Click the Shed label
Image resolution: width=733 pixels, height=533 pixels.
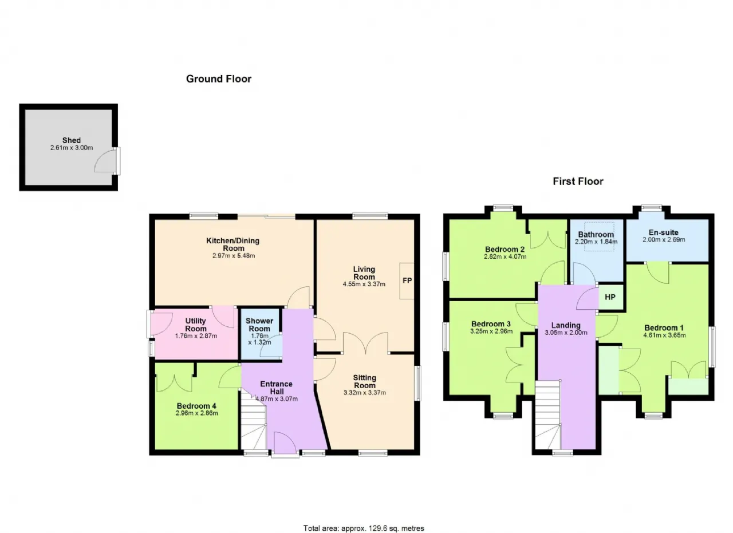point(72,140)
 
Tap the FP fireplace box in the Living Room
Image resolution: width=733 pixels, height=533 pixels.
point(407,281)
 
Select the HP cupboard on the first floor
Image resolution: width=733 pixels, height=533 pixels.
point(610,297)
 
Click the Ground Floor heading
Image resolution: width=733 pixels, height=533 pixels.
point(219,79)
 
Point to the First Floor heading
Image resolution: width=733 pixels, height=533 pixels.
point(578,181)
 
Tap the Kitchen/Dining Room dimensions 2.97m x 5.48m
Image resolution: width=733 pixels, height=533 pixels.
point(234,255)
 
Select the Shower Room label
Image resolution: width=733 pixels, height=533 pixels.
point(259,325)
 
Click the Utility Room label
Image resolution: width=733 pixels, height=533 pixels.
point(196,325)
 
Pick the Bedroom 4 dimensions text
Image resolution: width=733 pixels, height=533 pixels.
point(196,413)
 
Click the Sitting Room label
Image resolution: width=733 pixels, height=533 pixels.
point(365,381)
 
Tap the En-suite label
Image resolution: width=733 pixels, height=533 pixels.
point(664,232)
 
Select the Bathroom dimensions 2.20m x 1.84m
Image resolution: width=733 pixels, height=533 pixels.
point(596,242)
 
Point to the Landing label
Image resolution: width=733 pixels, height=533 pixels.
point(566,325)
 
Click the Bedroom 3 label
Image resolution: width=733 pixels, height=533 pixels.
point(491,324)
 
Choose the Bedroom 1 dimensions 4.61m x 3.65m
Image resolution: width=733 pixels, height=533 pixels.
point(664,335)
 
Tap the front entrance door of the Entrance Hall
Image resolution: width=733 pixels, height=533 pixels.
point(285,443)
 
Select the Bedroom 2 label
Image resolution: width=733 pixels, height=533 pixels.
point(505,249)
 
